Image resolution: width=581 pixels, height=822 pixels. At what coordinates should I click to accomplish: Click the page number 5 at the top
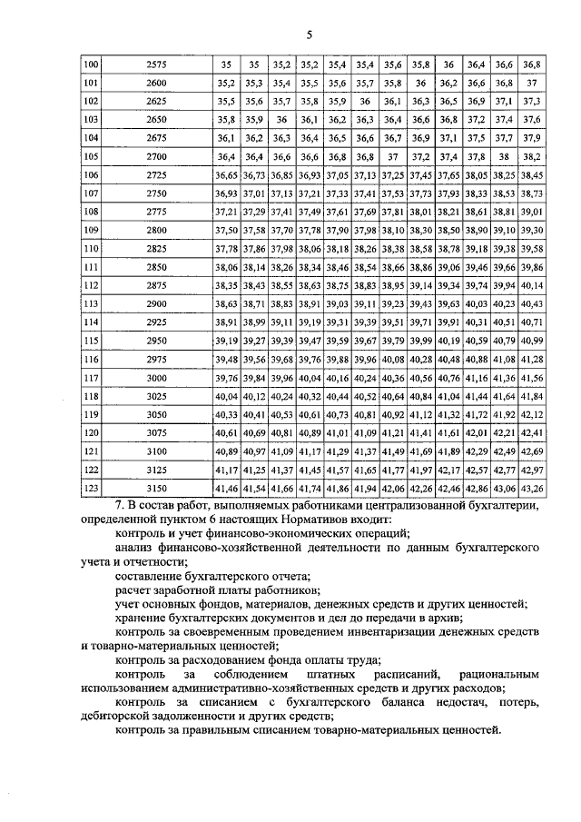click(x=309, y=35)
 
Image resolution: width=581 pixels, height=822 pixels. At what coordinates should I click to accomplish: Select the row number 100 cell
click(x=91, y=65)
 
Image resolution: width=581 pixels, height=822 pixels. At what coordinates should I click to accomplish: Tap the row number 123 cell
click(x=91, y=489)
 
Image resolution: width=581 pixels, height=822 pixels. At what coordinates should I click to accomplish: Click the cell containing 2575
click(x=156, y=65)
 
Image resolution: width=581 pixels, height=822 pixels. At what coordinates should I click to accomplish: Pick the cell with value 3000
click(x=156, y=378)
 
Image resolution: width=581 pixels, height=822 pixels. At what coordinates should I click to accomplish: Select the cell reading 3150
click(x=156, y=489)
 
